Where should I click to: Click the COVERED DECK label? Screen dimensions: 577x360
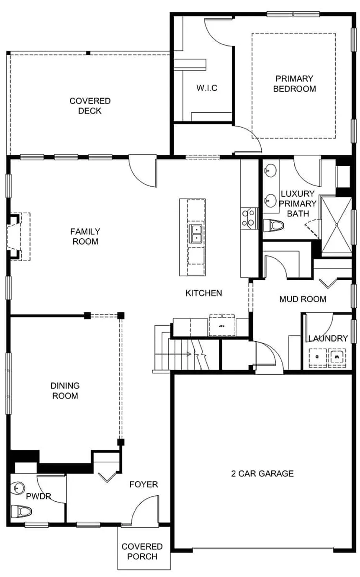pos(90,106)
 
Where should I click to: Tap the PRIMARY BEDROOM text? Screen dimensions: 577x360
pos(294,84)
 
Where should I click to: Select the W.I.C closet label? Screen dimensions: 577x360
pos(207,88)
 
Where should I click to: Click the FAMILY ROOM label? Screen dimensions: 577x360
pos(85,237)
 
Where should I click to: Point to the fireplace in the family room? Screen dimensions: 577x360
pos(16,237)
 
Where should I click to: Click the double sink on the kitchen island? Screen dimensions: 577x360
pos(196,234)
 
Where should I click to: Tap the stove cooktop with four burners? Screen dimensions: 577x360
pos(249,218)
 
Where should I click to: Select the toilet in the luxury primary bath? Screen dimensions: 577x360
pos(274,226)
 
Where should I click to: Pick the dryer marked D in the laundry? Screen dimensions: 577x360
pos(317,357)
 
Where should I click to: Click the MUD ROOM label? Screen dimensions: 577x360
pos(303,299)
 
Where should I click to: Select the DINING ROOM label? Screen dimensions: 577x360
pos(65,391)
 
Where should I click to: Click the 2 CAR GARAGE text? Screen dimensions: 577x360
pos(262,474)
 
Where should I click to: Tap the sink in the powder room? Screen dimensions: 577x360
pos(18,487)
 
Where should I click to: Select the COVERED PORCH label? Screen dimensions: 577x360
pos(142,551)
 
